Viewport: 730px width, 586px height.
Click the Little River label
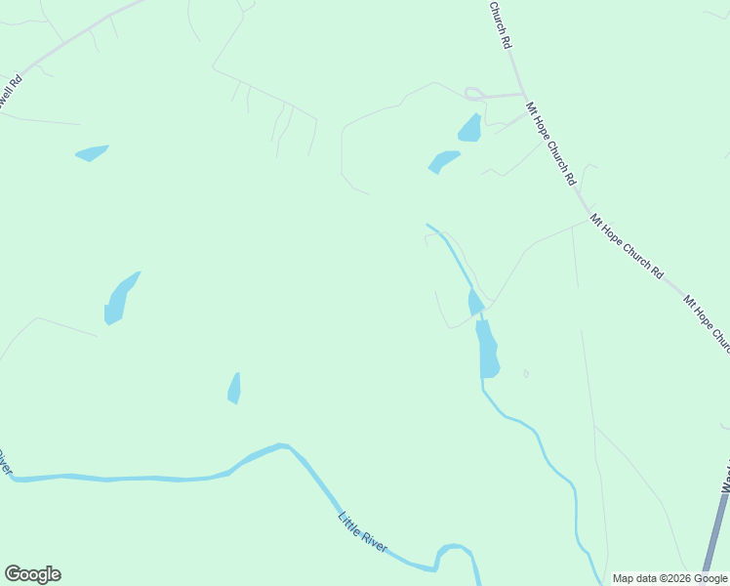click(x=363, y=531)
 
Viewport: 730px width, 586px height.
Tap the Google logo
click(x=32, y=574)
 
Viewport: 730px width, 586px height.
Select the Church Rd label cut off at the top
click(x=500, y=23)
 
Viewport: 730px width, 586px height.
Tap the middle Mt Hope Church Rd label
click(x=630, y=246)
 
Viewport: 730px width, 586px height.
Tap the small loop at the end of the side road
click(x=474, y=95)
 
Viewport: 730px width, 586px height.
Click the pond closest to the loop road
click(x=469, y=128)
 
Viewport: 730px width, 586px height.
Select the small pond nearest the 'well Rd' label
click(x=92, y=152)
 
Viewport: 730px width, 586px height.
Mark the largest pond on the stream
click(x=487, y=350)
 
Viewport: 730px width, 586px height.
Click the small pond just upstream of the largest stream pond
click(x=475, y=303)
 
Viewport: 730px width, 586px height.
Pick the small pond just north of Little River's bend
click(x=234, y=388)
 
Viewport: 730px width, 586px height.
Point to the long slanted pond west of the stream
click(x=119, y=298)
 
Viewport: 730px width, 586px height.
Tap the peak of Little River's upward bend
click(x=282, y=446)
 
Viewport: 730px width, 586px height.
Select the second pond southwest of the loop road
click(x=442, y=161)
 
